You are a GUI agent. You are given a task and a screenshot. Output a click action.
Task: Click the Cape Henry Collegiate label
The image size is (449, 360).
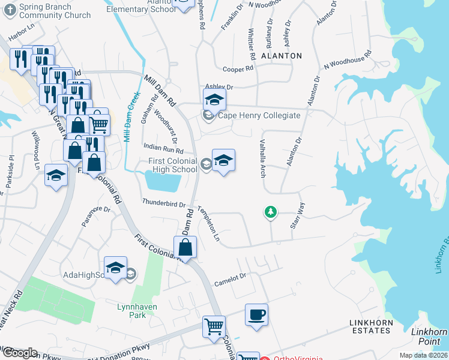259,115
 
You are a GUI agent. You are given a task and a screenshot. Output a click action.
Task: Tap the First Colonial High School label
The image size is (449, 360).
173,165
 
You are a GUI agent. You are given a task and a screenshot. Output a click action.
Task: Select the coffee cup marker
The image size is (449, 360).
256,315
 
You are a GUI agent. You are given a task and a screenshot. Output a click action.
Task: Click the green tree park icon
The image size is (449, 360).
271,212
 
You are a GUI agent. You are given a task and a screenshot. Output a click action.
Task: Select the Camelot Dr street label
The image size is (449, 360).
231,277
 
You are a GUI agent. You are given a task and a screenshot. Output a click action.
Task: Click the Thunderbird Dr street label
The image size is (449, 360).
163,203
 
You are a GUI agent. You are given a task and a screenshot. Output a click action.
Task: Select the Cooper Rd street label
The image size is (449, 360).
238,70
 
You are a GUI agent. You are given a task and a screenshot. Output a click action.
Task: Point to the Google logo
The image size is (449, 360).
19,352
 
